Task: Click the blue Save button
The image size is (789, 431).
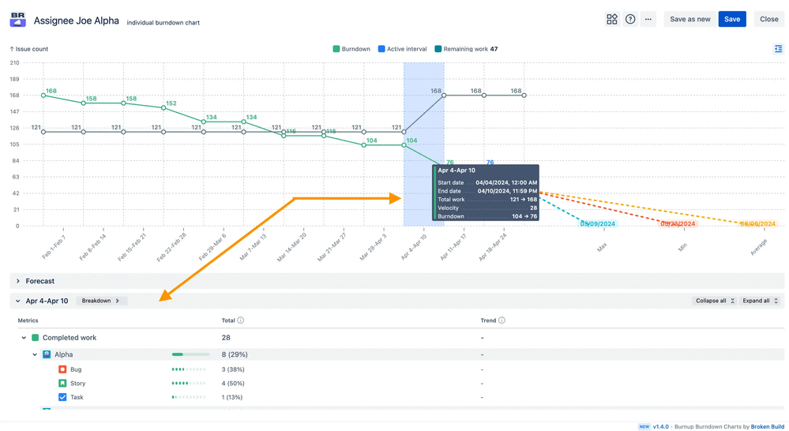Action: tap(732, 19)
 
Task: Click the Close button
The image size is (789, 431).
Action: tap(768, 19)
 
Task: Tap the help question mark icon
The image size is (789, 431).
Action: tap(630, 19)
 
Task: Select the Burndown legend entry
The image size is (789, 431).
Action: tap(351, 49)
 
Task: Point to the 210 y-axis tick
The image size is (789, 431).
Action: tap(14, 63)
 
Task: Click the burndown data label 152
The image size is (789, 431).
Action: tap(171, 103)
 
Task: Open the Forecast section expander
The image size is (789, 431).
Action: tap(18, 281)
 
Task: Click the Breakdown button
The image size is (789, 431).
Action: tap(101, 301)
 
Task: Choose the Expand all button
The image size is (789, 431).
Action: tap(759, 301)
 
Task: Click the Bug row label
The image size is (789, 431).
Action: tap(76, 369)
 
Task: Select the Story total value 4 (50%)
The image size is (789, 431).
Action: tap(233, 384)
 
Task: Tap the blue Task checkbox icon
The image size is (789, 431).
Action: tap(62, 397)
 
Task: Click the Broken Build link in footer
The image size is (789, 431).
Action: tap(767, 426)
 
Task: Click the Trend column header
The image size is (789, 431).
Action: tap(488, 320)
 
